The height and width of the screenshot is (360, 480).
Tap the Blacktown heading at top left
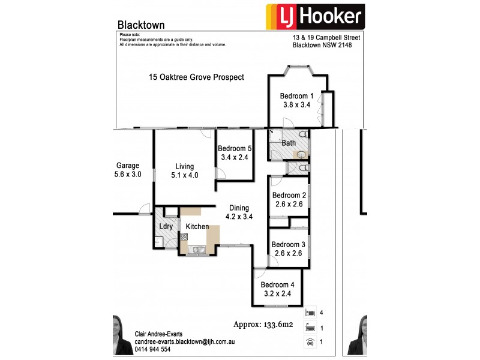point(141,25)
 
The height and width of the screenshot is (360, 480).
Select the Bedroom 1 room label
point(297,96)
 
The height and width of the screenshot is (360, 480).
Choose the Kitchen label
point(197,227)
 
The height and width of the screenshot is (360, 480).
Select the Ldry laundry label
point(166,226)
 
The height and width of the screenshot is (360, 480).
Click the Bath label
point(289,143)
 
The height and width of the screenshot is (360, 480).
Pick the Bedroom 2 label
point(289,196)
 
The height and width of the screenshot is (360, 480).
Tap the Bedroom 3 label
point(289,245)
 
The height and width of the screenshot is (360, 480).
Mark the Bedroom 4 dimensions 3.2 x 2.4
point(277,293)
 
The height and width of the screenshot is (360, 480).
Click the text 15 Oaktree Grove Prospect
point(196,77)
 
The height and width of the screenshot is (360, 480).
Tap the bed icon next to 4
point(309,313)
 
